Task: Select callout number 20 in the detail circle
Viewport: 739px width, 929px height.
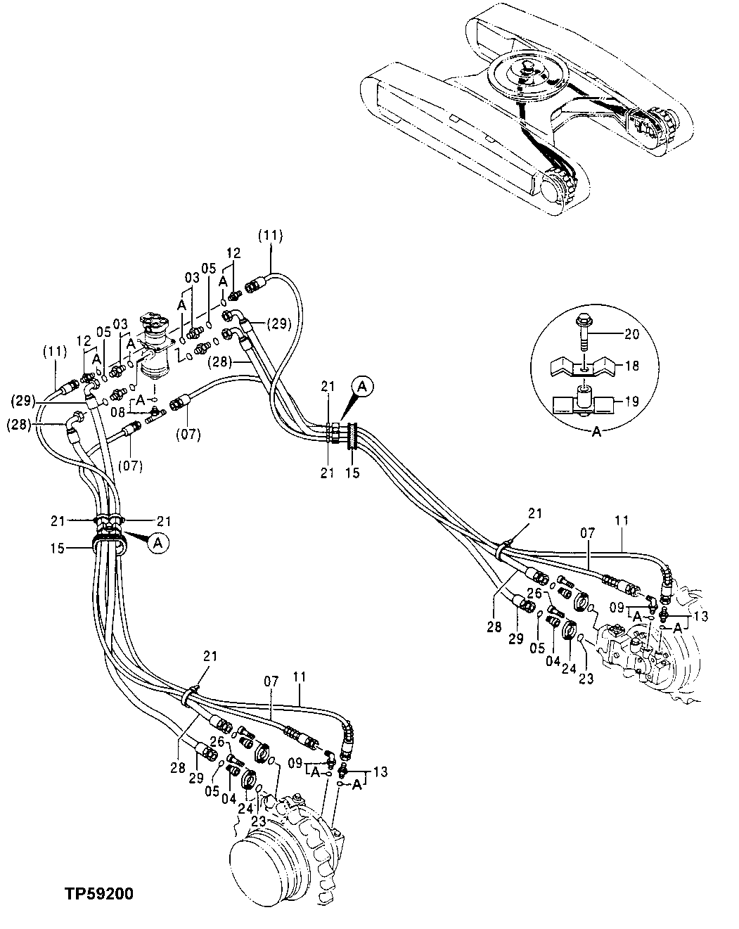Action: [631, 335]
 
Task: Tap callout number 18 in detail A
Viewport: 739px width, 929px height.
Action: [631, 365]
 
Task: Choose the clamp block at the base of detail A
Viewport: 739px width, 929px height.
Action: [583, 405]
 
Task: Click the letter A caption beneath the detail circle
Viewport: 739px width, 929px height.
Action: [596, 433]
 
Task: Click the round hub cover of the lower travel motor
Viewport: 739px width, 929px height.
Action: [266, 859]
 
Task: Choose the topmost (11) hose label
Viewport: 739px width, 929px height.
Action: [270, 237]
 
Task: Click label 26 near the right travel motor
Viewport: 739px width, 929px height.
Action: [534, 593]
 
